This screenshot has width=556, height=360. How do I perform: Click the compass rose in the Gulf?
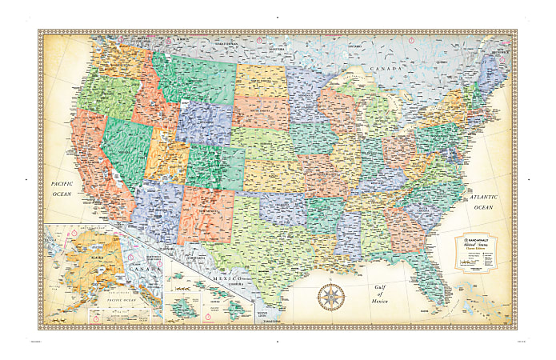[330, 297]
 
